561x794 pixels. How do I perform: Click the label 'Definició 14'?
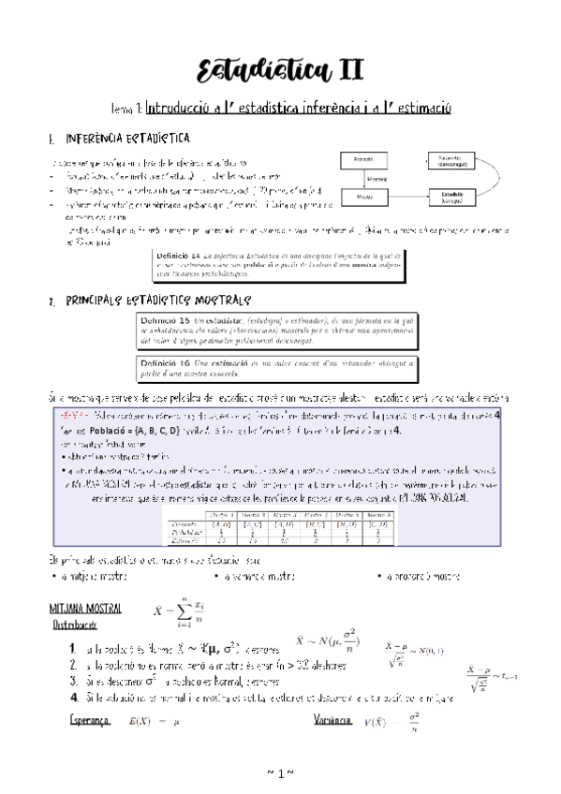[x=178, y=255]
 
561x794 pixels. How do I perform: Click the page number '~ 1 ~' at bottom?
[x=280, y=772]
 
